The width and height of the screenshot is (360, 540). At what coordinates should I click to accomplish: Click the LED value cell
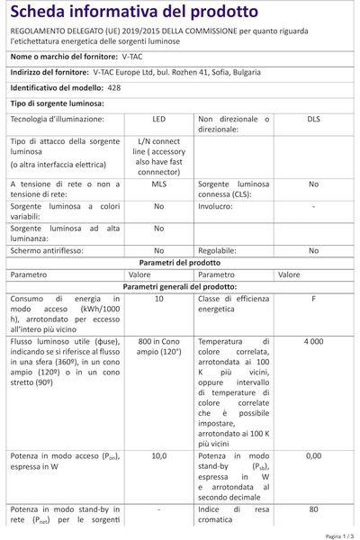coord(158,119)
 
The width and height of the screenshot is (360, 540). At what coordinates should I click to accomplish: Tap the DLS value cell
coord(313,119)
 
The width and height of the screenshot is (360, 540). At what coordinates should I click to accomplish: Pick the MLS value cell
coord(158,184)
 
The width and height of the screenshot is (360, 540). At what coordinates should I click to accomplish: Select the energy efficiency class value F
coord(313,298)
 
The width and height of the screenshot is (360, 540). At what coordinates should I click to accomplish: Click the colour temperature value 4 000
coord(313,343)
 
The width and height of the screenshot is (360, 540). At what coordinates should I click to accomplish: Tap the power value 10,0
coord(158,456)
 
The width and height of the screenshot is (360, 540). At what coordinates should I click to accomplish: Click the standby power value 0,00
coord(313,456)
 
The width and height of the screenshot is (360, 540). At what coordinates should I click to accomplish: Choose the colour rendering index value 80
coord(313,509)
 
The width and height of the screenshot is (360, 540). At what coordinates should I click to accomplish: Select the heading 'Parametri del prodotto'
coord(179,262)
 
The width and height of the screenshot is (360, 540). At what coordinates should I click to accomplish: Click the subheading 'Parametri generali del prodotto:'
coord(179,285)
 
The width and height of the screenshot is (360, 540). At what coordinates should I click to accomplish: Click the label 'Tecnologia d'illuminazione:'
coord(58,119)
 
